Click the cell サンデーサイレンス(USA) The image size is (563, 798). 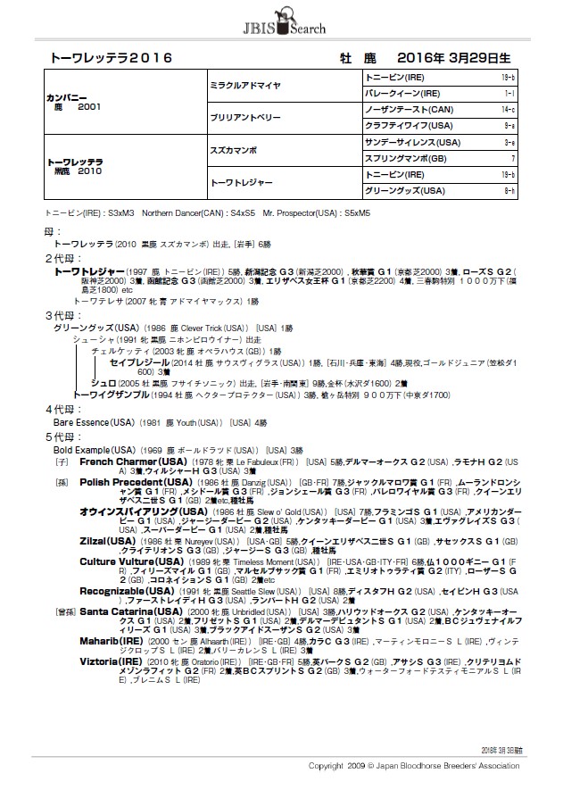coord(414,142)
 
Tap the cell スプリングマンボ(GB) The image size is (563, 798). coord(410,158)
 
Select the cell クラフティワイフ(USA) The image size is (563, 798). coord(411,126)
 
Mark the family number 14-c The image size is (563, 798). coord(508,109)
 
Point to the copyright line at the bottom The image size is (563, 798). coord(413,766)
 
